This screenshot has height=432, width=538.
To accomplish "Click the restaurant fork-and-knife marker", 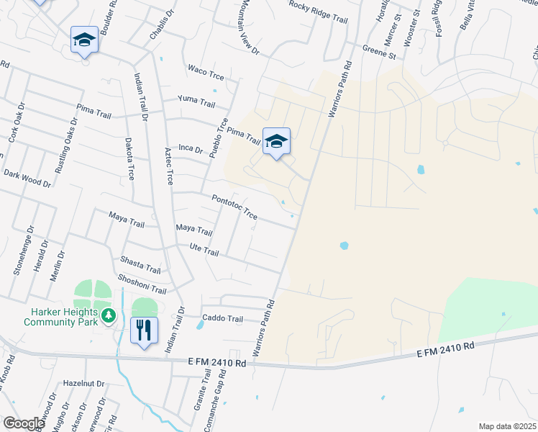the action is pos(144,330).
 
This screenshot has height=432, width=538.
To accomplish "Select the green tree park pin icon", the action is pos(108,315).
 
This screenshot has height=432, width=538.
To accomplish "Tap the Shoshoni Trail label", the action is pos(144,286).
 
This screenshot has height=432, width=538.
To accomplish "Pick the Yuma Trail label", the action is pos(197,102).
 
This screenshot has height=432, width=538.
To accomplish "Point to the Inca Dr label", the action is pos(191,148).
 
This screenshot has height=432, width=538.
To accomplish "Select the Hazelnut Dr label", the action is pos(84,384).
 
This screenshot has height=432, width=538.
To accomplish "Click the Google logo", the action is pos(24,423).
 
